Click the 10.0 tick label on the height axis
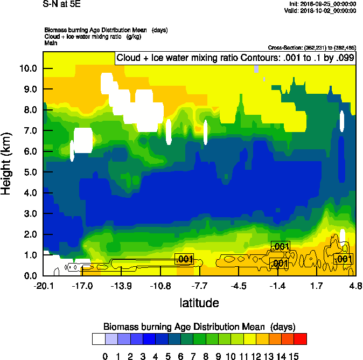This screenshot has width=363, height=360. (x=28, y=68)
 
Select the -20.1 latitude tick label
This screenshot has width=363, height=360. (x=43, y=286)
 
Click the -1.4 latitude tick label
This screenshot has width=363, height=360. (x=278, y=286)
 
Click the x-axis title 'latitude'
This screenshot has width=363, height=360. (x=199, y=303)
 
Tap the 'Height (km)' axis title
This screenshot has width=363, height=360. (x=12, y=164)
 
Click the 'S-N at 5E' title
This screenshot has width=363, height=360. (x=62, y=4)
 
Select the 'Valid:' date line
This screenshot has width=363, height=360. (x=322, y=10)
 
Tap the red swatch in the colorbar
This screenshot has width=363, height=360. (x=301, y=339)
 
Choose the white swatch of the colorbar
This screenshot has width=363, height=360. (x=99, y=339)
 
